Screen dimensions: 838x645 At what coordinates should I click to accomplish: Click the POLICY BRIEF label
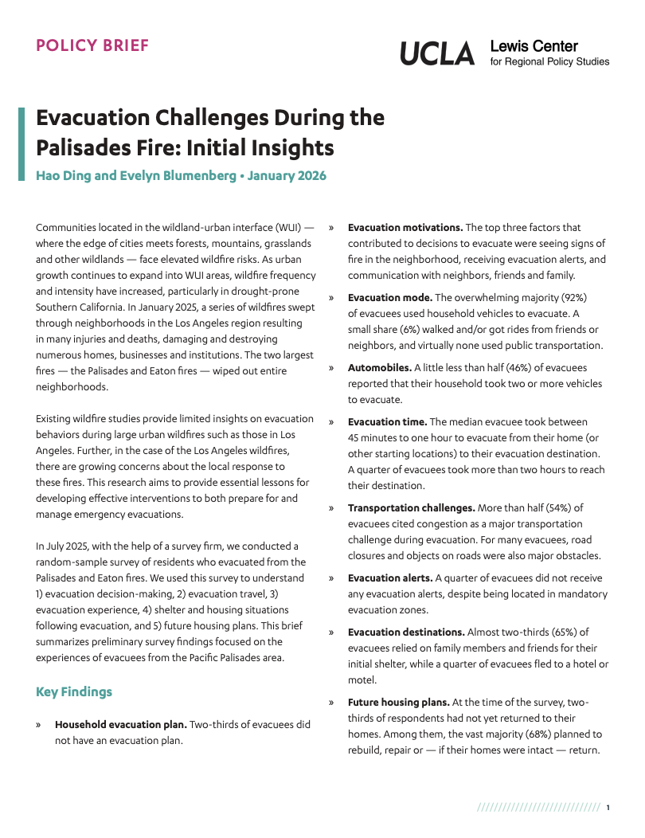click(92, 45)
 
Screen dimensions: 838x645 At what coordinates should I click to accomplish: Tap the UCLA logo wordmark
click(437, 53)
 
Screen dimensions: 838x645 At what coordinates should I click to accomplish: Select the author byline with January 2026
click(181, 175)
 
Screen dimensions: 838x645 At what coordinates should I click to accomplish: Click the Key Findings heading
click(74, 691)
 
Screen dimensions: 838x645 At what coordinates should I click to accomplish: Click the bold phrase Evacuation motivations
click(405, 228)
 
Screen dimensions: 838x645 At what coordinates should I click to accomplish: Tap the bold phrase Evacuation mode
click(390, 298)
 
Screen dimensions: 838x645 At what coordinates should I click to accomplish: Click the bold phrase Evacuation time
click(387, 422)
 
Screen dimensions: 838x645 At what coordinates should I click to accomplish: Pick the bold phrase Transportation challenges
click(411, 508)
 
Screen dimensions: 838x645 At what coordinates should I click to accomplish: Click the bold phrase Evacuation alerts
click(389, 578)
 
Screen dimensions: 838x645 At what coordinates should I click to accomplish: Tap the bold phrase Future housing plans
click(398, 703)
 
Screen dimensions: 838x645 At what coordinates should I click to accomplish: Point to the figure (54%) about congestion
click(567, 508)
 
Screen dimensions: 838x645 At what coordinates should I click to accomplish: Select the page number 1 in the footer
click(608, 808)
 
